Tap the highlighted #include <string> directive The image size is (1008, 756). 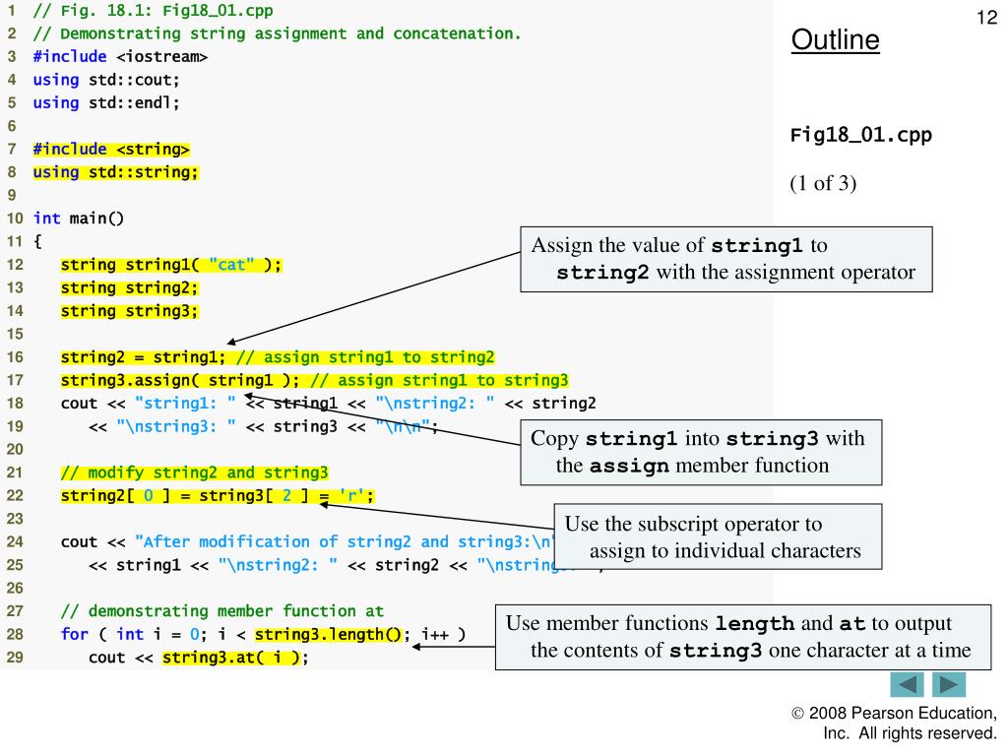[111, 149]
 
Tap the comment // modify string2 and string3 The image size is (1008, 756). [194, 471]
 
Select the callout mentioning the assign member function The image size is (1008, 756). [699, 451]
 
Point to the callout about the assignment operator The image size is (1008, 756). [725, 258]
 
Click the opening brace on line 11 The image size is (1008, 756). [36, 240]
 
